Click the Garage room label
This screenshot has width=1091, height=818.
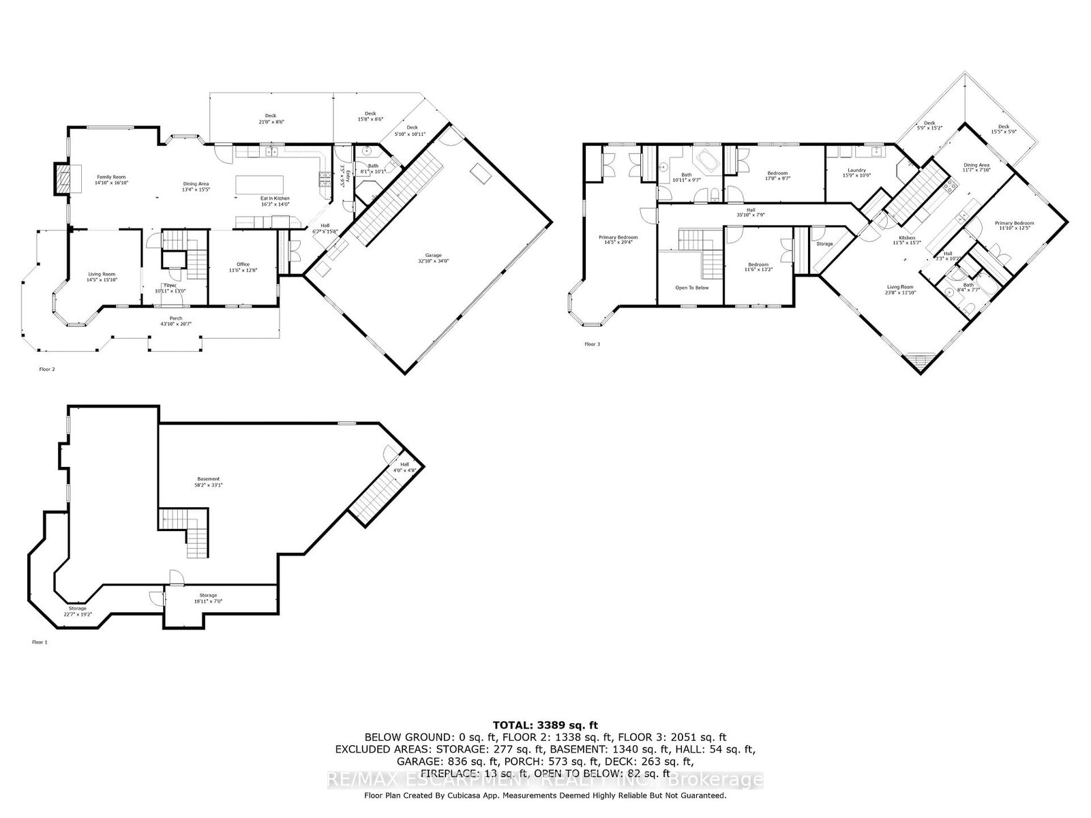tap(434, 256)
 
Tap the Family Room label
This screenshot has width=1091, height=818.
tap(110, 177)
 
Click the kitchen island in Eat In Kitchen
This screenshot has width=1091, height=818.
tap(259, 185)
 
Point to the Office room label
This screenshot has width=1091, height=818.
tap(243, 264)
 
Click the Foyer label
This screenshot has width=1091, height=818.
tap(170, 285)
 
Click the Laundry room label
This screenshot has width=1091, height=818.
tap(857, 170)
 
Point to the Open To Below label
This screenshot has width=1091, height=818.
tap(691, 288)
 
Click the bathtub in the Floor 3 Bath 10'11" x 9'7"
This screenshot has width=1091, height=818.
tap(703, 164)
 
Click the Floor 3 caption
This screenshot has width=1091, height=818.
tap(592, 344)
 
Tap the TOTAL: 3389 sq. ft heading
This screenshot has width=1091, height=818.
tap(545, 725)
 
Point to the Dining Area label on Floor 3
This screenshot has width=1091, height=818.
tap(976, 165)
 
